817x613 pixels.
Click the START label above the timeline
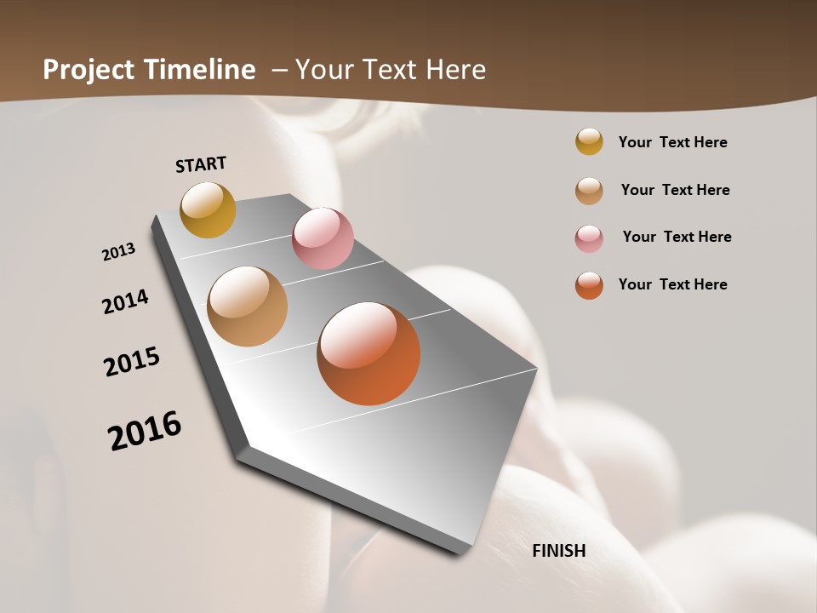click(201, 164)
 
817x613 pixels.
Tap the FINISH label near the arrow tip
click(559, 551)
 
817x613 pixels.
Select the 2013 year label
click(119, 252)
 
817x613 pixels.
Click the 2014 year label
click(126, 302)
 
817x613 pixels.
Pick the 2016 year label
click(145, 430)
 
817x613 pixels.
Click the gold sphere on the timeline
click(208, 209)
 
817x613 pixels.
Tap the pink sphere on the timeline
click(323, 238)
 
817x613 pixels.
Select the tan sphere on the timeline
click(247, 306)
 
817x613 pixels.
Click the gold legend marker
click(589, 141)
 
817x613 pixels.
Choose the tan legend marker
click(589, 191)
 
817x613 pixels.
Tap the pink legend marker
click(589, 238)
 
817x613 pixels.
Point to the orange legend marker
click(589, 285)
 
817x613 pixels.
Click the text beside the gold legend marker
click(672, 142)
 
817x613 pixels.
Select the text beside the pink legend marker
click(677, 237)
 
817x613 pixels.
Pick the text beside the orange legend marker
click(672, 284)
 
